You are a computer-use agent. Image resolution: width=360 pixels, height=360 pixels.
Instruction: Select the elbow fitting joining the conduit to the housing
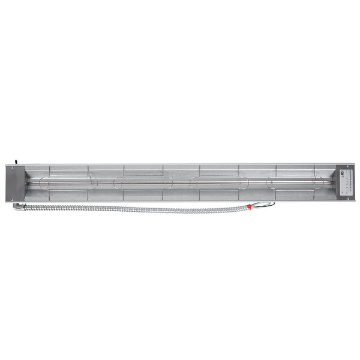click(x=17, y=206)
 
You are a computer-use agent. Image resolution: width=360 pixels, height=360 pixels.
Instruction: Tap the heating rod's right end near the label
click(x=333, y=182)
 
